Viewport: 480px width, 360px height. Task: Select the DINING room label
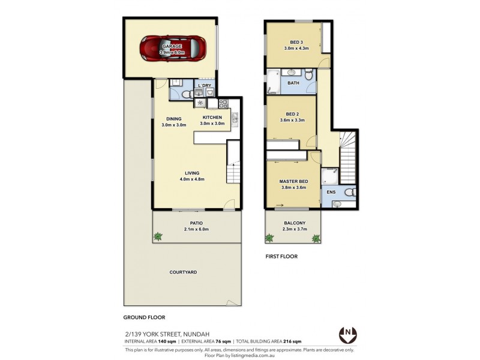pyautogui.click(x=173, y=118)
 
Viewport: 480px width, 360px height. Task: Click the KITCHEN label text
pyautogui.click(x=212, y=117)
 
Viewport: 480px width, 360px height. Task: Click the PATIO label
pyautogui.click(x=196, y=223)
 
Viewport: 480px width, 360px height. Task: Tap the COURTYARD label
pyautogui.click(x=184, y=272)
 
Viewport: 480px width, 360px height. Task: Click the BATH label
pyautogui.click(x=293, y=83)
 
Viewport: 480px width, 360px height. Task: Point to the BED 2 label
pyautogui.click(x=292, y=114)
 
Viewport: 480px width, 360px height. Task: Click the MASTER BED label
pyautogui.click(x=293, y=181)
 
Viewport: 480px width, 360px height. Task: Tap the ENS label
pyautogui.click(x=331, y=193)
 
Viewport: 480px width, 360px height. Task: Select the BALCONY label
pyautogui.click(x=294, y=223)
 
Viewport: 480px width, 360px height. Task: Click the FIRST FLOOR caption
pyautogui.click(x=281, y=256)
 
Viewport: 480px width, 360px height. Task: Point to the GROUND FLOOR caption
pyautogui.click(x=144, y=317)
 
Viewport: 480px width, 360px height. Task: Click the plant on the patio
pyautogui.click(x=158, y=236)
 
